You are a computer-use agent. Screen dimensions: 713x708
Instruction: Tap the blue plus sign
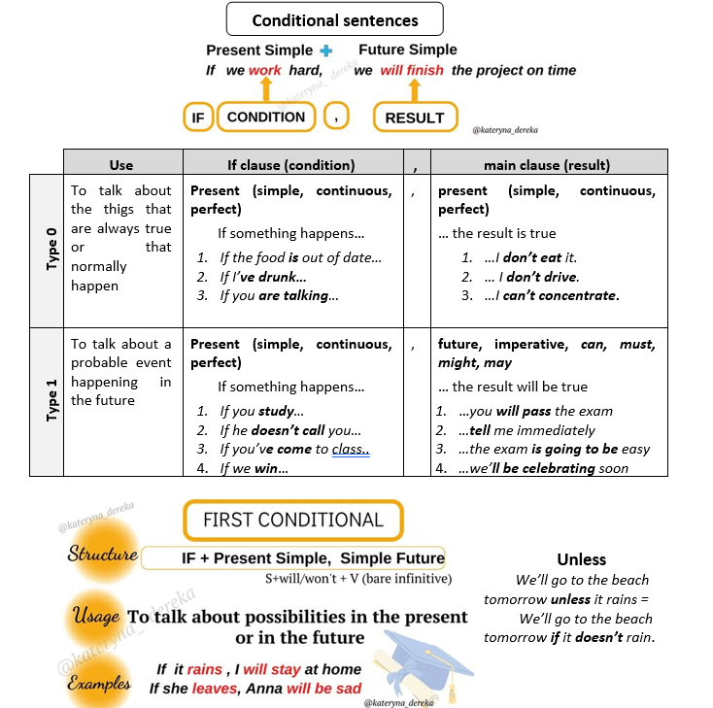pyautogui.click(x=326, y=51)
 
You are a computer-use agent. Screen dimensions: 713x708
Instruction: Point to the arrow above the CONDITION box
pyautogui.click(x=266, y=89)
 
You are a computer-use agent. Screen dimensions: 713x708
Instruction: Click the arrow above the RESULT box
pyautogui.click(x=414, y=90)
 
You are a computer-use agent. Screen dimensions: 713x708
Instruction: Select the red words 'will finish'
pyautogui.click(x=412, y=71)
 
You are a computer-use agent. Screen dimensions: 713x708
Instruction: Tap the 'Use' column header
pyautogui.click(x=121, y=165)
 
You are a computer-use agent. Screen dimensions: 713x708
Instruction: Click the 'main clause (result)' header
pyautogui.click(x=547, y=165)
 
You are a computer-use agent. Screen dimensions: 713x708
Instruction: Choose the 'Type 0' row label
pyautogui.click(x=51, y=250)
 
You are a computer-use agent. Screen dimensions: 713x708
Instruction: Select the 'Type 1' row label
pyautogui.click(x=51, y=400)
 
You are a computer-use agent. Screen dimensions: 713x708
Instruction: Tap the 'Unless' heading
pyautogui.click(x=582, y=559)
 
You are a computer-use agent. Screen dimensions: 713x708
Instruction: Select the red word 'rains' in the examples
pyautogui.click(x=205, y=669)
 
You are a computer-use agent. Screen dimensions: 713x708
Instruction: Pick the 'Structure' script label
pyautogui.click(x=102, y=554)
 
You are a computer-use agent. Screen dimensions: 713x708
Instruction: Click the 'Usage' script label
pyautogui.click(x=96, y=616)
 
